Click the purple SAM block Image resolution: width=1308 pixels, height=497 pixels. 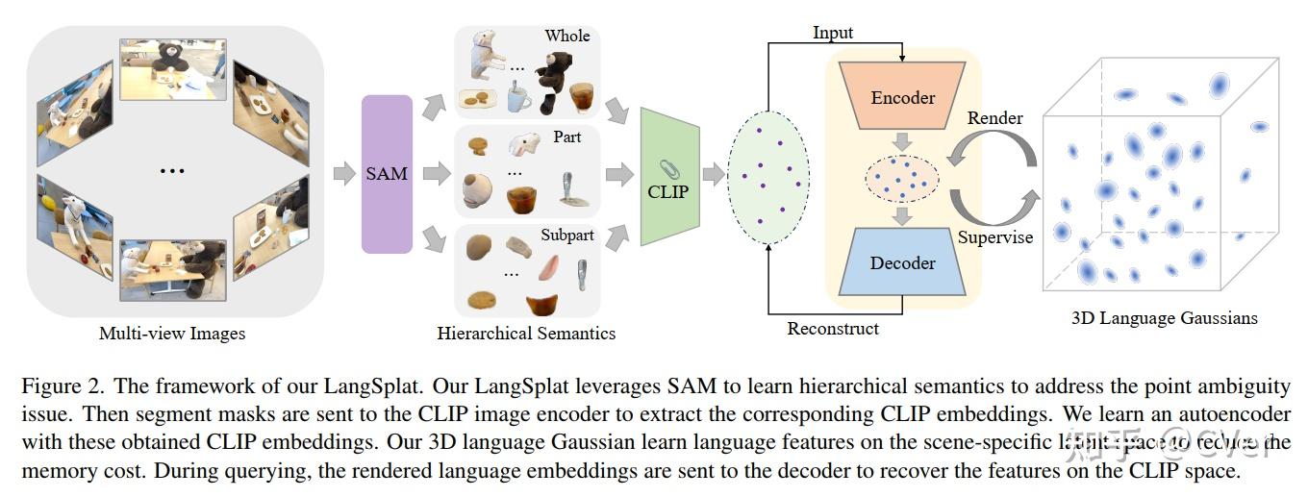pyautogui.click(x=387, y=174)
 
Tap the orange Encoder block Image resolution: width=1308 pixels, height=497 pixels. pyautogui.click(x=902, y=97)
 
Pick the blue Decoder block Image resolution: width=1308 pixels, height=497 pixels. pyautogui.click(x=902, y=262)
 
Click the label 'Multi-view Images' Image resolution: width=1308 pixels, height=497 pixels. pyautogui.click(x=172, y=335)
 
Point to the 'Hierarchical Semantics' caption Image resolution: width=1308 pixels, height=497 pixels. pyautogui.click(x=526, y=335)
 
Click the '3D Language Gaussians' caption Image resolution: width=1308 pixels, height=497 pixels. pyautogui.click(x=1164, y=317)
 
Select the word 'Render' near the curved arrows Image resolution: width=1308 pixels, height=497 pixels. pyautogui.click(x=994, y=118)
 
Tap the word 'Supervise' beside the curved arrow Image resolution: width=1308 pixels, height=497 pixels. pyautogui.click(x=995, y=236)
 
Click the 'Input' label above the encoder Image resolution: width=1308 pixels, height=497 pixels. pyautogui.click(x=832, y=34)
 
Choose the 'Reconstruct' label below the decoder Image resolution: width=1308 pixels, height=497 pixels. pyautogui.click(x=833, y=329)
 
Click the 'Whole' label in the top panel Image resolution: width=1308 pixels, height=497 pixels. pyautogui.click(x=567, y=36)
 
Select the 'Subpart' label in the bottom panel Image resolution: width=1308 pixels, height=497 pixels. pyautogui.click(x=567, y=235)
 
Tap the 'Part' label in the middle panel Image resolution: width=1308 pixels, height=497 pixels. pyautogui.click(x=567, y=137)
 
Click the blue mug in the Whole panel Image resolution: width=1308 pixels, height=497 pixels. pyautogui.click(x=517, y=97)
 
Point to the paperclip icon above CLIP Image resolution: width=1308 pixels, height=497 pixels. pyautogui.click(x=667, y=169)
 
